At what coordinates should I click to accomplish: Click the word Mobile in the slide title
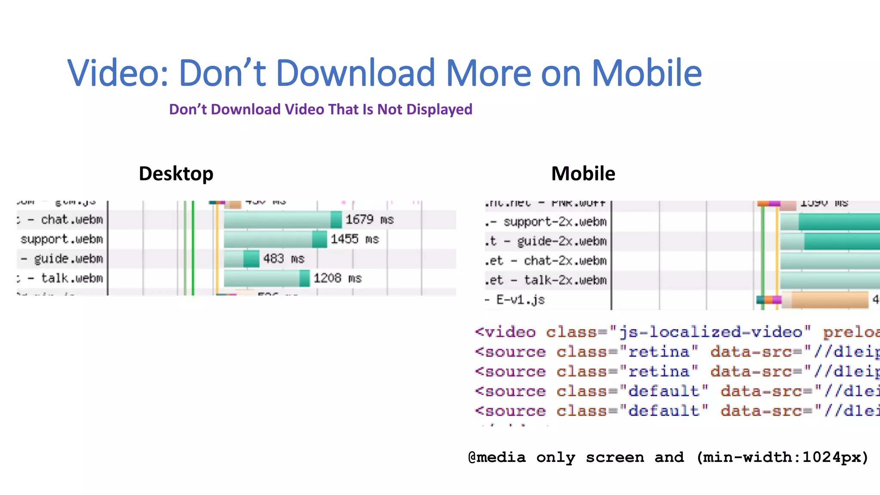(647, 73)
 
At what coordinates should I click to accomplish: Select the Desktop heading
(176, 174)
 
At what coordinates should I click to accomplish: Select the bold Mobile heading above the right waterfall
(583, 174)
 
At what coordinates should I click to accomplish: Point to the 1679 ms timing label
(370, 220)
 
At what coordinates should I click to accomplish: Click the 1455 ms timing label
(354, 239)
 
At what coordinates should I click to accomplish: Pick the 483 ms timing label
(284, 259)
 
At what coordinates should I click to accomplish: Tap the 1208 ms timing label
(337, 278)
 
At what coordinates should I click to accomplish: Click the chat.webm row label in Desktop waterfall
(72, 220)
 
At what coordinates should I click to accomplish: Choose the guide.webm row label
(68, 259)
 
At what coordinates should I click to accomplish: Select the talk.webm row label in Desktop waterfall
(72, 278)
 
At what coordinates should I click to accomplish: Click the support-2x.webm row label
(555, 222)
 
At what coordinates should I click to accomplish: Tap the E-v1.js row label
(520, 299)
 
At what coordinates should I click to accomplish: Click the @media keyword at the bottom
(497, 457)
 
